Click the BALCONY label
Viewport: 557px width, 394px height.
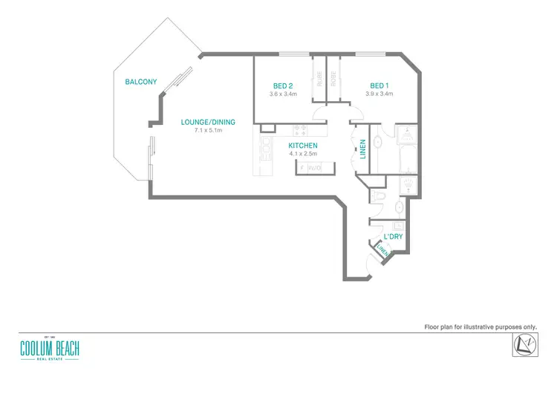140,82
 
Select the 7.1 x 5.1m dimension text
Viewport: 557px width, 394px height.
209,130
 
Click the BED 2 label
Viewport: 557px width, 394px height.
283,85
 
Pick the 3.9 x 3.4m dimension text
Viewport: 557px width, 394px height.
379,94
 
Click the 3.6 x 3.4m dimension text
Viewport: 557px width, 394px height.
283,94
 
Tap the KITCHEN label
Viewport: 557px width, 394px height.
303,146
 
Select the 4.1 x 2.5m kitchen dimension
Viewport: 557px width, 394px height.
303,154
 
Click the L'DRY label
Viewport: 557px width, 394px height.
394,236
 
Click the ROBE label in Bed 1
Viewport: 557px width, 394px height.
333,79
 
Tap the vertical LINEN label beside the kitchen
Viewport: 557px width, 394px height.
362,149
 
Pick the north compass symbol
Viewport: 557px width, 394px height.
524,344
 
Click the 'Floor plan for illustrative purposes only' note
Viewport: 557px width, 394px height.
480,326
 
